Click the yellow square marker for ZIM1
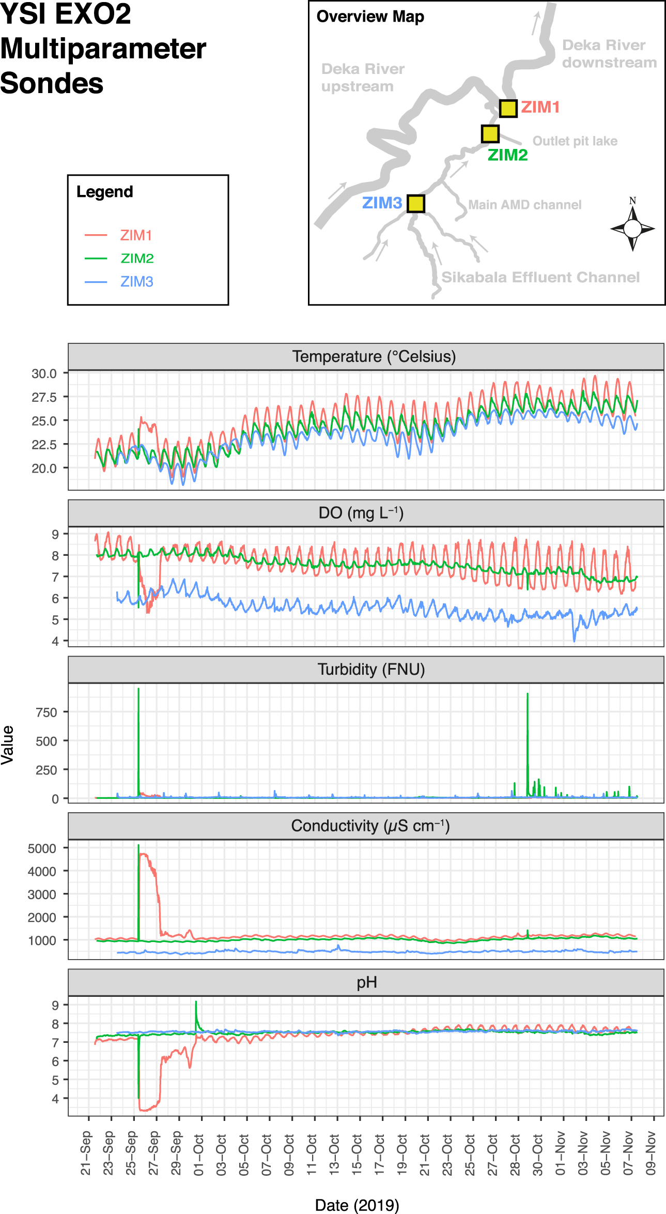coord(508,109)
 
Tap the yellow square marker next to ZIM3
coord(416,204)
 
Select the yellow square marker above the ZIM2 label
coord(490,134)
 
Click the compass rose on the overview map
coord(632,227)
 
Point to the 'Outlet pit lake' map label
coord(575,141)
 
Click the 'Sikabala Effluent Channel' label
coord(540,277)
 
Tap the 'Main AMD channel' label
coord(524,205)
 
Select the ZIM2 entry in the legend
coord(137,259)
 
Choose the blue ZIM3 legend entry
coord(136,282)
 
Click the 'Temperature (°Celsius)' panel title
coord(374,357)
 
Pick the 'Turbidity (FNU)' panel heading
coord(371,670)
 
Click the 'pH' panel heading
coord(366,982)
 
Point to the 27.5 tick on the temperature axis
coord(44,397)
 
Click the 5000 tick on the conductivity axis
coord(42,848)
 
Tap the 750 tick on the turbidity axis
coord(46,712)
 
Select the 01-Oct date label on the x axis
coord(199,1155)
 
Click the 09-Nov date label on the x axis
coord(651,1155)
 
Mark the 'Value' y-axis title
coord(8,745)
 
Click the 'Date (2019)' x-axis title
coord(357,1205)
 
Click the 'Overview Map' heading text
coord(370,17)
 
